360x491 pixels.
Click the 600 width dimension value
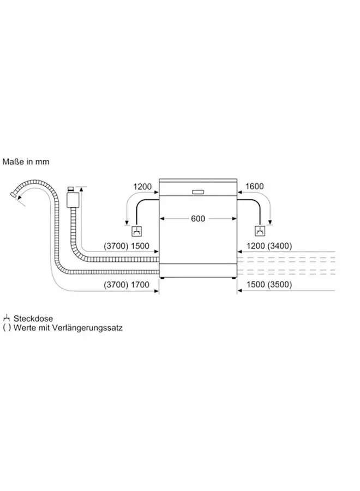click(x=198, y=218)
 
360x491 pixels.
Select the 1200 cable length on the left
click(x=142, y=187)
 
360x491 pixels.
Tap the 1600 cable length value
click(x=254, y=187)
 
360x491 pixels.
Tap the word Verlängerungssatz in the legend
click(x=91, y=328)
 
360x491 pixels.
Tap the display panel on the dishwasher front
click(x=198, y=191)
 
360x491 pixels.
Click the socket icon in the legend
click(x=7, y=318)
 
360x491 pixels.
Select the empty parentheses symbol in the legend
click(x=7, y=328)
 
